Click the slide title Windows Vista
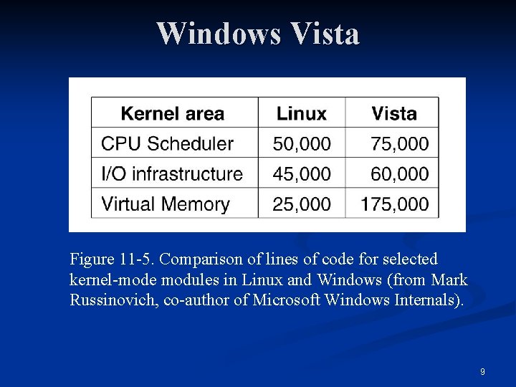[258, 34]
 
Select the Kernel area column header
[172, 113]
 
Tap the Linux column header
[301, 113]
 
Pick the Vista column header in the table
[393, 113]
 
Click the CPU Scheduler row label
[167, 143]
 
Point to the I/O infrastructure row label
[172, 173]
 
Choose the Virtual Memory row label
[165, 204]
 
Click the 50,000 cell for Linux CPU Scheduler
[302, 143]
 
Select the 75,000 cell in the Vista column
[399, 143]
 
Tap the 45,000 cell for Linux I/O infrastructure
[302, 173]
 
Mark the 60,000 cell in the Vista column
[399, 173]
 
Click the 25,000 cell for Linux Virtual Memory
[302, 204]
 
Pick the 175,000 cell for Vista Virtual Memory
[394, 204]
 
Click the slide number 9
[482, 372]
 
